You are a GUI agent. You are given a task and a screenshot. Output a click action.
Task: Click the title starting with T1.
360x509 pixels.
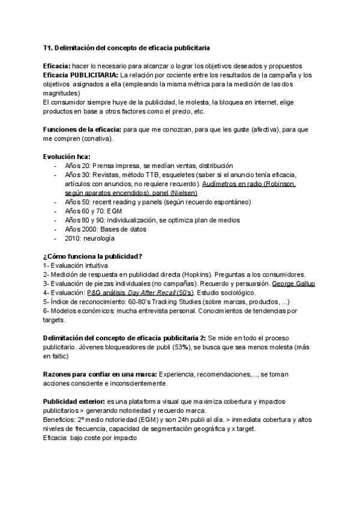pyautogui.click(x=126, y=47)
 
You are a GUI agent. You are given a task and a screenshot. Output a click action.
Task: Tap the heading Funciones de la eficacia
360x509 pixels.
pyautogui.click(x=82, y=130)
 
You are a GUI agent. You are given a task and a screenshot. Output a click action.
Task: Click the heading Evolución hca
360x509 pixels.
pyautogui.click(x=66, y=156)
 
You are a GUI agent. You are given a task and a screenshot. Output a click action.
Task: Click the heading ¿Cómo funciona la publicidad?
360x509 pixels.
pyautogui.click(x=92, y=256)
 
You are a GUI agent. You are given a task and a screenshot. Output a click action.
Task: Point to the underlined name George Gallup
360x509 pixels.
pyautogui.click(x=293, y=283)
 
